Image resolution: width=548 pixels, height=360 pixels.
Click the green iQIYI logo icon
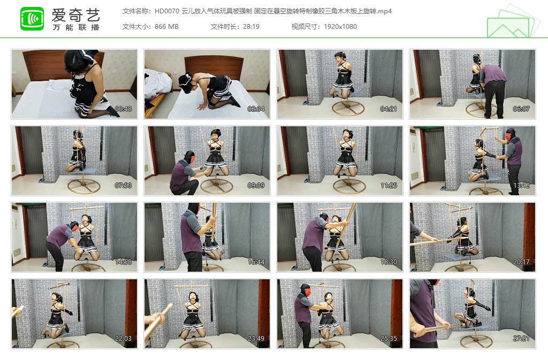point(32,19)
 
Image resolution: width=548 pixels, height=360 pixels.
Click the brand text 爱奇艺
point(76,14)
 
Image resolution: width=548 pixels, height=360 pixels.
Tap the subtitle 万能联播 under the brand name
point(76,27)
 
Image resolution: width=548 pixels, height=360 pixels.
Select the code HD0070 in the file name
point(167,11)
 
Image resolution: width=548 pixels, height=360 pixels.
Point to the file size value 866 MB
point(166,27)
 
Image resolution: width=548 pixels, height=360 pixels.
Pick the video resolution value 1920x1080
point(340,27)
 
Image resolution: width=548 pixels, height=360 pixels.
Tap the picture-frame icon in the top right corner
point(512,21)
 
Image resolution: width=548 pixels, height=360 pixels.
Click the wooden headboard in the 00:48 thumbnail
point(43,64)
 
